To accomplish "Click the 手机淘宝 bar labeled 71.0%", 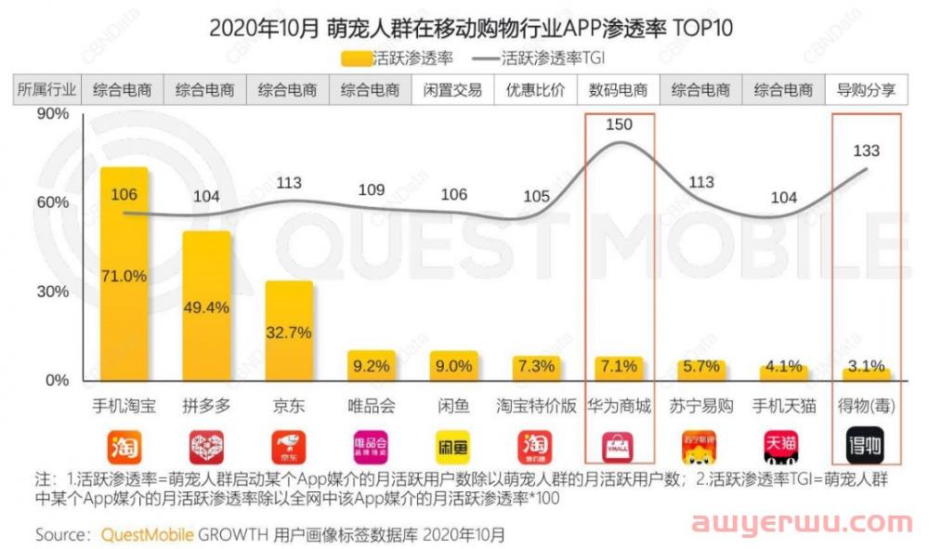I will tap(124, 275).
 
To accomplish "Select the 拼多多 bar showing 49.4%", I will tap(206, 307).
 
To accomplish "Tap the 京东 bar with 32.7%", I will tap(289, 332).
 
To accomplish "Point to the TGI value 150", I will tap(619, 124).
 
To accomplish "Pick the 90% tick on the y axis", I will tap(53, 113).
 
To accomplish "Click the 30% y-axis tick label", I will tap(53, 292).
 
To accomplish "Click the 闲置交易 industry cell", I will tap(452, 90).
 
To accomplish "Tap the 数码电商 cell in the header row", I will tap(619, 90).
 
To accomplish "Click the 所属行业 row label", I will tap(46, 90).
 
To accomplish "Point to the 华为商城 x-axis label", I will tap(619, 406).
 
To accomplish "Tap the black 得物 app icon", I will tap(865, 446).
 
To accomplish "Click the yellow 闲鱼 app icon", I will tap(454, 446).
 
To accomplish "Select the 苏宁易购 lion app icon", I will tap(700, 446).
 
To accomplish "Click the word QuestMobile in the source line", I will tap(148, 535).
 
